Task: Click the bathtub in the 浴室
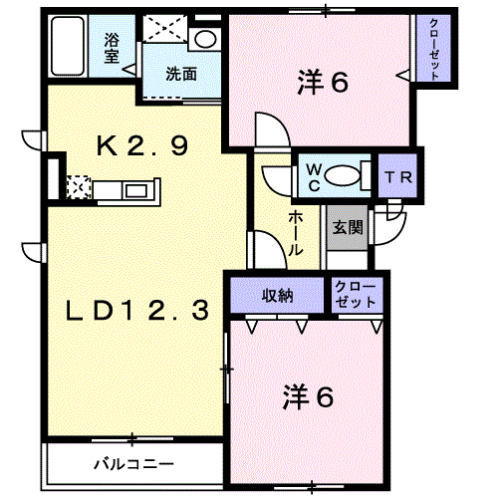point(68,46)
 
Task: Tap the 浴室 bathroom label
point(112,49)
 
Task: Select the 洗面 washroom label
point(181,74)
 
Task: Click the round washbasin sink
point(205,39)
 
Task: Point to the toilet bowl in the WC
point(342,176)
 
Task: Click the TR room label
point(398,178)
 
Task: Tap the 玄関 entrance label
point(348,228)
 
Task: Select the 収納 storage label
point(278,295)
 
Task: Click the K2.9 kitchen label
point(142,146)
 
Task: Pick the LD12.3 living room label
point(137,310)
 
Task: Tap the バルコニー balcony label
point(133,464)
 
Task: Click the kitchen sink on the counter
point(135,191)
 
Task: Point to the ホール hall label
point(296,233)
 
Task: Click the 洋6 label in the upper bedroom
point(323,82)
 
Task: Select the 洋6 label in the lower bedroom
point(308,396)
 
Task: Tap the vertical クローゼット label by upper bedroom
point(434,49)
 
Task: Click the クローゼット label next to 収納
point(356,295)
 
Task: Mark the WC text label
point(314,178)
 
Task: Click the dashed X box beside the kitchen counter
point(79,187)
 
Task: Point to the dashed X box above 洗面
point(165,29)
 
